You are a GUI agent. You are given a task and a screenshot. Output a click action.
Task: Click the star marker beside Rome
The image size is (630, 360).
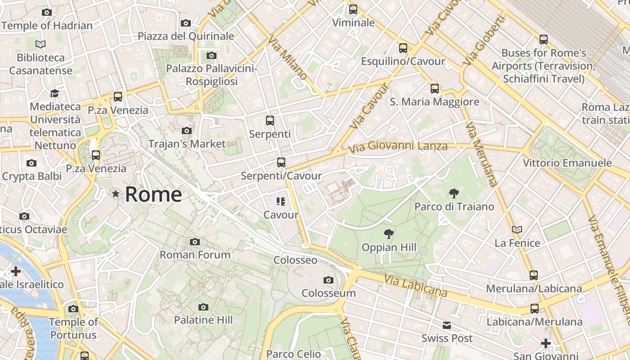(x=116, y=194)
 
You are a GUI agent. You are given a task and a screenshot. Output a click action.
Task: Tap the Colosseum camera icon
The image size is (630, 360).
(x=328, y=280)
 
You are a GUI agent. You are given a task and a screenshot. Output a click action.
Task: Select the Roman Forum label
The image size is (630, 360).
(x=195, y=255)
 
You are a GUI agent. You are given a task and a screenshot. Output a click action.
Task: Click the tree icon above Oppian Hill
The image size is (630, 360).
(x=388, y=234)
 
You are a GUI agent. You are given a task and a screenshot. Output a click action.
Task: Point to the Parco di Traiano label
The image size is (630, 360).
(x=454, y=207)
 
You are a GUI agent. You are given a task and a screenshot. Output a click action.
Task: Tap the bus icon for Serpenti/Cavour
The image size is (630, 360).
(x=281, y=162)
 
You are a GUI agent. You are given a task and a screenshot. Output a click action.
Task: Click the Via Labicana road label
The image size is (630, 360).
(x=416, y=286)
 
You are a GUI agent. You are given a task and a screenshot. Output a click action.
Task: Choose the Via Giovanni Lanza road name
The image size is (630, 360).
(x=398, y=146)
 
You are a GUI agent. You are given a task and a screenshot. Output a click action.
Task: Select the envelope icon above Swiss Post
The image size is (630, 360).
(x=447, y=325)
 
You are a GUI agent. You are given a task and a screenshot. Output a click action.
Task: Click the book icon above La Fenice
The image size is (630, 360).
(x=517, y=229)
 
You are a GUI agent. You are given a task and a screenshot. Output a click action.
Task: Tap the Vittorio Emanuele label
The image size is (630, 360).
(x=567, y=163)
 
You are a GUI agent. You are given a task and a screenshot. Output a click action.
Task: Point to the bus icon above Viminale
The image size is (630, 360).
(x=353, y=9)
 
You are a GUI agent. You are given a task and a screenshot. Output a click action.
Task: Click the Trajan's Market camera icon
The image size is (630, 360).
(x=187, y=131)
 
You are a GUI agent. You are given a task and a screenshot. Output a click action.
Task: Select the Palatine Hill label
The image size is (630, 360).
(x=203, y=320)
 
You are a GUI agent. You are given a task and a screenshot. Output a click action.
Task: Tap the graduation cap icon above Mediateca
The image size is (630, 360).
(x=55, y=93)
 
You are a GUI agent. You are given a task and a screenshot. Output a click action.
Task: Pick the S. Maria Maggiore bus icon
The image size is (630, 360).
(x=435, y=89)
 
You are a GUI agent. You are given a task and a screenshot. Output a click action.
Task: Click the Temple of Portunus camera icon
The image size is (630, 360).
(x=73, y=309)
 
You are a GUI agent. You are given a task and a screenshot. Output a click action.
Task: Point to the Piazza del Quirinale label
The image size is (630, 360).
(x=186, y=36)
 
